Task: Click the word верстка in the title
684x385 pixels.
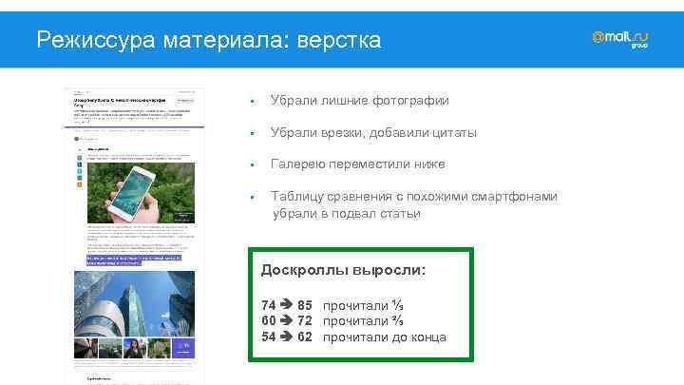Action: click(339, 40)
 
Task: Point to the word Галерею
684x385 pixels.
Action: click(300, 164)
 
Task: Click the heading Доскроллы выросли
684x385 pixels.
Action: click(343, 271)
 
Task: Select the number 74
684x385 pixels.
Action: click(269, 306)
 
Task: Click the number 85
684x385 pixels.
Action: click(305, 306)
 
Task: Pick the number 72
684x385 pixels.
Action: click(305, 321)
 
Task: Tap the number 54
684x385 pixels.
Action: click(269, 337)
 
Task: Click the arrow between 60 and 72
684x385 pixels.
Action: click(287, 321)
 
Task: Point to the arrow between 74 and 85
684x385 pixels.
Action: click(287, 306)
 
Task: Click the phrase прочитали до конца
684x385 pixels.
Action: click(385, 337)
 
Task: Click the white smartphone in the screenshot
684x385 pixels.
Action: click(133, 187)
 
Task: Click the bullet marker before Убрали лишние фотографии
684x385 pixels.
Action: click(248, 102)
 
